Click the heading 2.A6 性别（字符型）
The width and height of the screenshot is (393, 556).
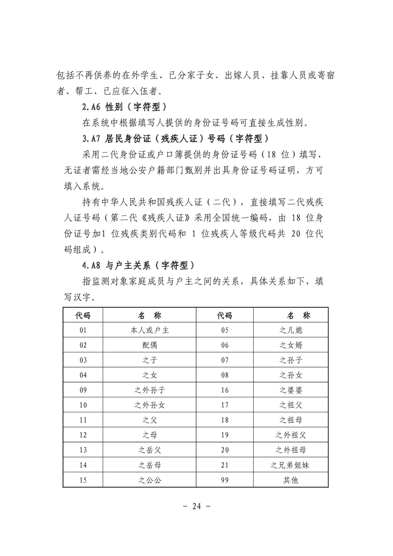[x=124, y=107]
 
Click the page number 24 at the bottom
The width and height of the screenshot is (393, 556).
[x=197, y=506]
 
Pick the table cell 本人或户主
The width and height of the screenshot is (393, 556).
[x=150, y=330]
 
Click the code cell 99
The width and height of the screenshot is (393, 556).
[x=225, y=480]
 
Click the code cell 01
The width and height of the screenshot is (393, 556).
[x=83, y=330]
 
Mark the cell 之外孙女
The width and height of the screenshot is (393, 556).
[x=150, y=405]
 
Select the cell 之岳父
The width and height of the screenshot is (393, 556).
[x=150, y=450]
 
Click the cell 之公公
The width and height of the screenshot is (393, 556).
[x=150, y=480]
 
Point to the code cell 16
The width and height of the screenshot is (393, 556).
[x=225, y=390]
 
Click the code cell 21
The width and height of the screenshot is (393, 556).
[x=225, y=465]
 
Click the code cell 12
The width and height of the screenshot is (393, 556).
[x=83, y=435]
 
